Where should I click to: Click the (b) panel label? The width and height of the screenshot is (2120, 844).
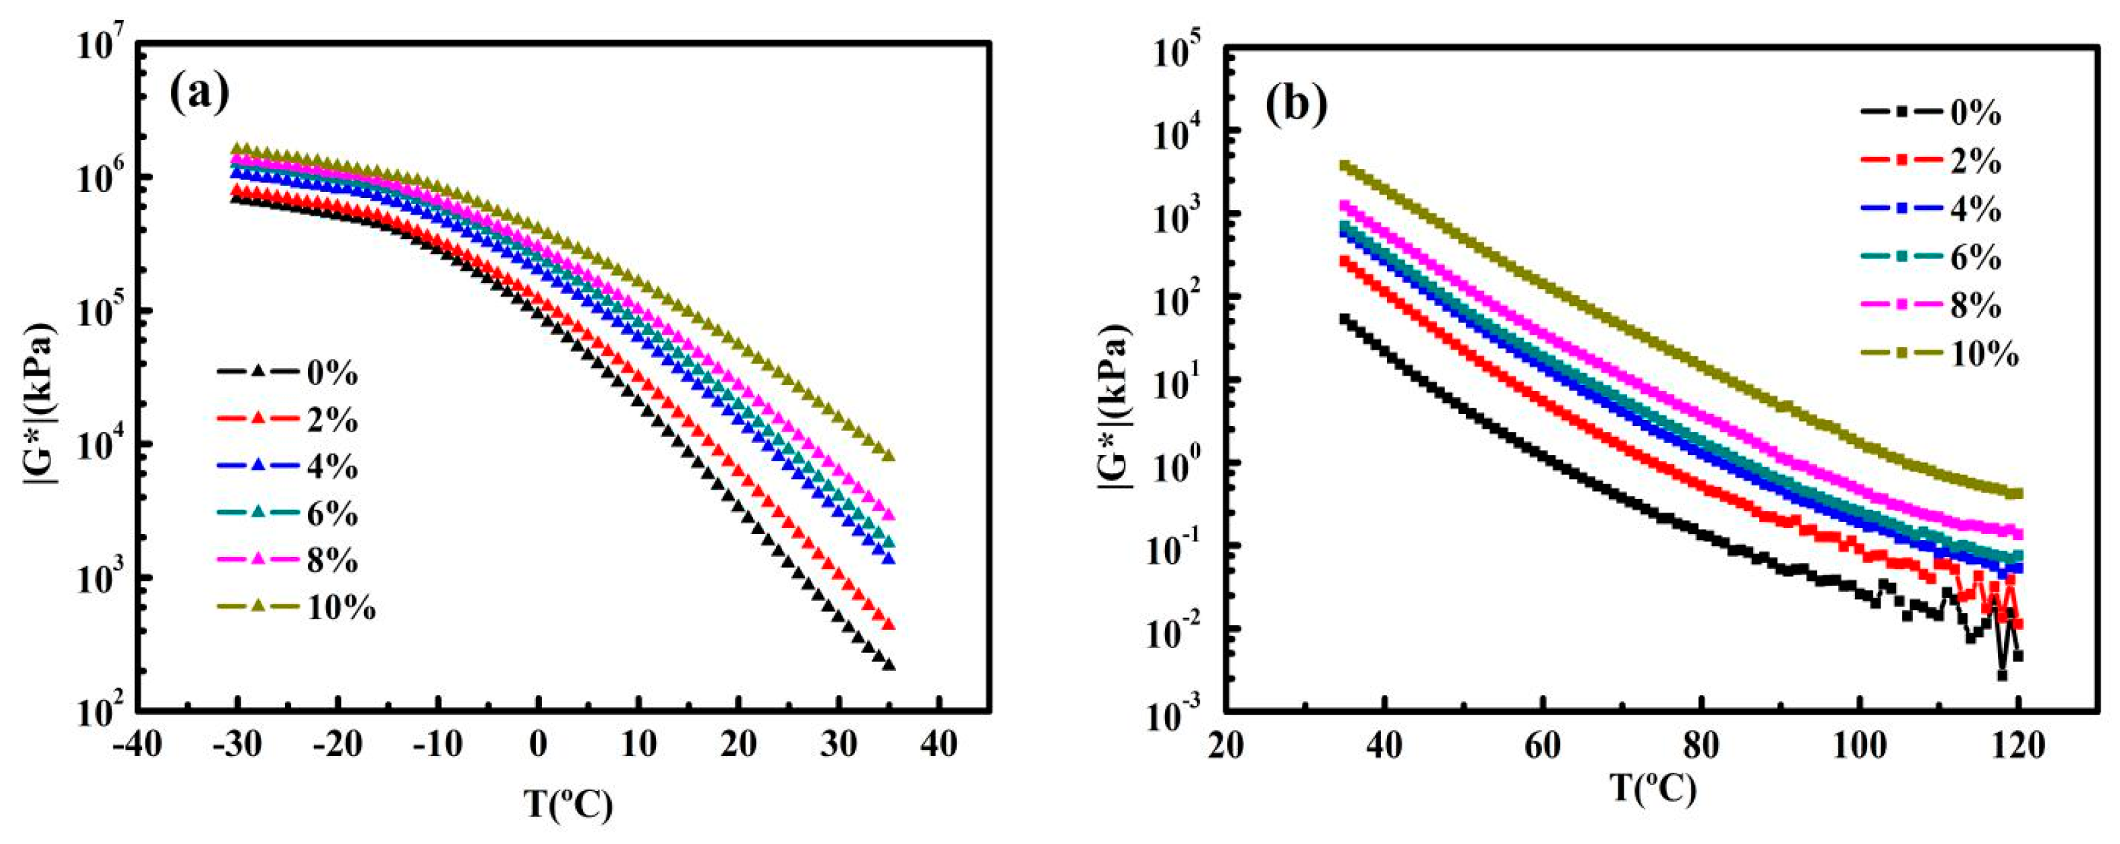(x=1296, y=105)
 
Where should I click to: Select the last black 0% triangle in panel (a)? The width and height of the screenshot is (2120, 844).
(x=888, y=664)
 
